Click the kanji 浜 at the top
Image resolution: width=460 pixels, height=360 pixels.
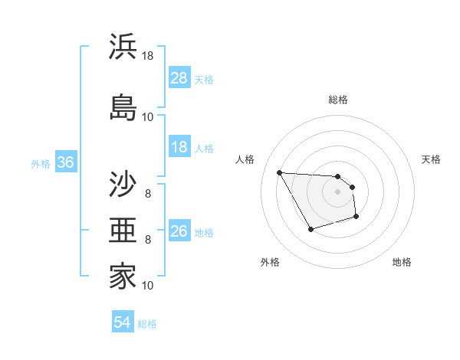(123, 46)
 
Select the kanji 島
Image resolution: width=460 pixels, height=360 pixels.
(123, 106)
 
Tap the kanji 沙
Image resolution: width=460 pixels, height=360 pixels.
(123, 184)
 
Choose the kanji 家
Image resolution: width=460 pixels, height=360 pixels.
(123, 277)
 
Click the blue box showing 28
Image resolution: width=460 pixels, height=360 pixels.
(179, 78)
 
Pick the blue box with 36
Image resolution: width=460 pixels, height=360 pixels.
(65, 162)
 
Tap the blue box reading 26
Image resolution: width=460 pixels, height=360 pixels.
(179, 231)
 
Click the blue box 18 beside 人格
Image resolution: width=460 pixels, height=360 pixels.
(179, 147)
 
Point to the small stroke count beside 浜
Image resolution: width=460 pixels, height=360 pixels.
(148, 55)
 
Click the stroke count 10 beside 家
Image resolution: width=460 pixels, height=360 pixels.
(148, 286)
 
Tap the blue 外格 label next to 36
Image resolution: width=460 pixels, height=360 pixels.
(41, 163)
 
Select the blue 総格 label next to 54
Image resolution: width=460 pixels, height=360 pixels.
(147, 324)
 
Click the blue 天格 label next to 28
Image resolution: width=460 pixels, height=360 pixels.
(204, 79)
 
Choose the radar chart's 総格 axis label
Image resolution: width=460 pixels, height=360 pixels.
(338, 100)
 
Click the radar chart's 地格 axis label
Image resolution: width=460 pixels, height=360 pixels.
(402, 262)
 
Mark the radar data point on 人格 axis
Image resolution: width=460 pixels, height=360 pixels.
(279, 172)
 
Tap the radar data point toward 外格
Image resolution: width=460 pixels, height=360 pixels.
(310, 229)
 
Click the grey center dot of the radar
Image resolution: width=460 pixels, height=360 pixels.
(338, 191)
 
